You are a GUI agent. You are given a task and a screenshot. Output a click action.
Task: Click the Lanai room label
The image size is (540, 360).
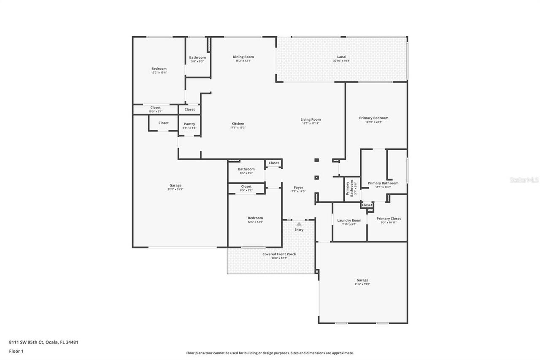coord(341,57)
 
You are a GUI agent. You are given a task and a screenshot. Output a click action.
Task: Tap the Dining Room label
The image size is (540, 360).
coord(243,57)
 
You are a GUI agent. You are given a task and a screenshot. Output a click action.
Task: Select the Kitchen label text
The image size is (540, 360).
coord(238,124)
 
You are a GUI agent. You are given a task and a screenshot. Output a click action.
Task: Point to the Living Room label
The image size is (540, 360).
coord(310,119)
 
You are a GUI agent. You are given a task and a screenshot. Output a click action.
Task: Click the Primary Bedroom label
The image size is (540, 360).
coord(373,118)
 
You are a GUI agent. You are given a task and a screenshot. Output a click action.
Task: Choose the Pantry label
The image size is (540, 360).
coord(189,124)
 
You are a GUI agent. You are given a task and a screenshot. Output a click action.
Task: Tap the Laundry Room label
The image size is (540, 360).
coord(349,220)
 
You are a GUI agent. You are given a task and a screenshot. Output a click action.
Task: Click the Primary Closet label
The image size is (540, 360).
coord(389,219)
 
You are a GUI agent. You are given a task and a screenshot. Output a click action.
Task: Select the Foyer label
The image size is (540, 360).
coord(298,187)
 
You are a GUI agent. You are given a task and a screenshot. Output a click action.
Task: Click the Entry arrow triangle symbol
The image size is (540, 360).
coord(299,224)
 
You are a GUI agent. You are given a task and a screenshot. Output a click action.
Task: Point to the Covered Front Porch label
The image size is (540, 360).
coord(279,254)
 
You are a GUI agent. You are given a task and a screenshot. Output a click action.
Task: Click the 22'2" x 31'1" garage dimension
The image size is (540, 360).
coord(175,189)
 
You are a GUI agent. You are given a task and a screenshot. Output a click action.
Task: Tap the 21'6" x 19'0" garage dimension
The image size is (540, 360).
coord(362,284)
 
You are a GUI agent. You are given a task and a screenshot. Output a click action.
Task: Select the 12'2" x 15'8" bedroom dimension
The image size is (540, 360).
coord(159,73)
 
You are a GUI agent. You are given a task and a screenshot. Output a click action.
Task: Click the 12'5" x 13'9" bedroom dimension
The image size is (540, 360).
coord(255,222)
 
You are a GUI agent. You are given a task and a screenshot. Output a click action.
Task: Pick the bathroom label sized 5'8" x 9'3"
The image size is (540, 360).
coord(197,57)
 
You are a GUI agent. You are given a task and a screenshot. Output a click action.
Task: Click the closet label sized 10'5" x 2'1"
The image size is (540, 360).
coord(155,108)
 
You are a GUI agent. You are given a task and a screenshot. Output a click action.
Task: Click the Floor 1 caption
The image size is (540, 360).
coord(16,351)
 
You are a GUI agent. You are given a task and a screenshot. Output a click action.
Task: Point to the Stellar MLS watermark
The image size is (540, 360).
coord(524,180)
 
